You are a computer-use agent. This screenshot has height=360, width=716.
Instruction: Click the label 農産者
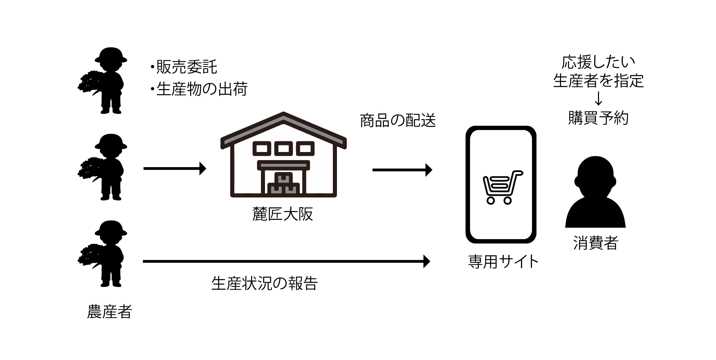pos(110,312)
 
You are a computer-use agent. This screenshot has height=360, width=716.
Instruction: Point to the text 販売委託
pos(186,67)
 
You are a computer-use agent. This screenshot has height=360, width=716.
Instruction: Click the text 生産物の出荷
pos(202,89)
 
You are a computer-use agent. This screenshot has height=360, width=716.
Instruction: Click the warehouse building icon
pos(283,155)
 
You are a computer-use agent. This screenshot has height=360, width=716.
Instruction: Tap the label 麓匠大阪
pos(283,214)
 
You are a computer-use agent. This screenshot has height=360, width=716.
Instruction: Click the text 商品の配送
pos(398,121)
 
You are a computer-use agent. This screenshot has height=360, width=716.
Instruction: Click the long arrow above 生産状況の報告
pos(286,261)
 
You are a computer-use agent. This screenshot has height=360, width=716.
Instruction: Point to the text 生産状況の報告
pos(265,283)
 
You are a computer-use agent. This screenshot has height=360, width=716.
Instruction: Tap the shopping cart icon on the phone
pos(501,187)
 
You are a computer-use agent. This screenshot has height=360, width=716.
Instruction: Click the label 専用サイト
pos(503,262)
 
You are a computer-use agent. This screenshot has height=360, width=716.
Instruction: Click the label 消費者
pos(595,243)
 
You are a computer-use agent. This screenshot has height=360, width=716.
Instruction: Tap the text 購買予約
pos(598,118)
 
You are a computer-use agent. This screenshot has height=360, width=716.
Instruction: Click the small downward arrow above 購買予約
pos(598,99)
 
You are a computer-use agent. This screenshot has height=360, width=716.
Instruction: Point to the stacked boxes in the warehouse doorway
pos(283,185)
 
